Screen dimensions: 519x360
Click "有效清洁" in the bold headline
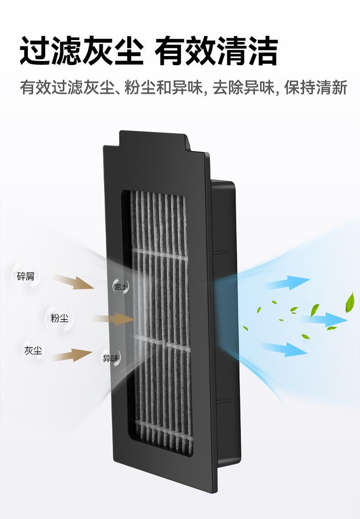[x=216, y=52]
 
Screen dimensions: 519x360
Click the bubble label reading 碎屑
[x=26, y=276]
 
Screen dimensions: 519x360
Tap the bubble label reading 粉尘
[x=59, y=318]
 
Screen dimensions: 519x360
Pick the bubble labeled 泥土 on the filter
[x=121, y=286]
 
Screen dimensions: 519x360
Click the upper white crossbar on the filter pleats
[x=159, y=254]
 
